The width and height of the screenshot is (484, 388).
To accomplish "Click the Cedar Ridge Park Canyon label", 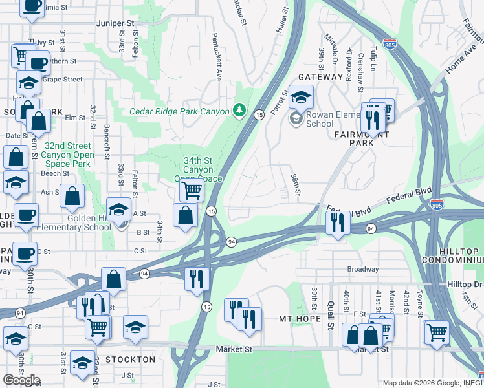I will tap(179, 111).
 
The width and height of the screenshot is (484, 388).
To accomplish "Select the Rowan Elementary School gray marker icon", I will tap(296, 118).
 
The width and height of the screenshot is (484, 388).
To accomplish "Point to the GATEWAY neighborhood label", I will tap(320, 76).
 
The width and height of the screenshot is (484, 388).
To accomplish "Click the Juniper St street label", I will tap(116, 23).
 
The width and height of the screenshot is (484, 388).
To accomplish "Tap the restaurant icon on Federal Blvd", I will tap(337, 222).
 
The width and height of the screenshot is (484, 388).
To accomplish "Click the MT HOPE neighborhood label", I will tap(300, 319).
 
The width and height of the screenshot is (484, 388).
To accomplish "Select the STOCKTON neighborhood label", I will tap(129, 359).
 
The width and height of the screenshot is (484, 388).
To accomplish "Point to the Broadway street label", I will tap(363, 269).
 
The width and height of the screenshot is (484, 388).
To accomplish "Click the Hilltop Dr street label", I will tap(465, 284).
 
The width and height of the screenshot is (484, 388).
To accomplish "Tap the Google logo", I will tap(21, 380).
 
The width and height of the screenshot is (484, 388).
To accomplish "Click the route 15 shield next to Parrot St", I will tap(258, 114).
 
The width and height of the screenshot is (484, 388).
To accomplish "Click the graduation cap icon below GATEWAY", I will tap(300, 98).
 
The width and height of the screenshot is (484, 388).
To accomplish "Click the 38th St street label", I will tap(296, 184).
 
